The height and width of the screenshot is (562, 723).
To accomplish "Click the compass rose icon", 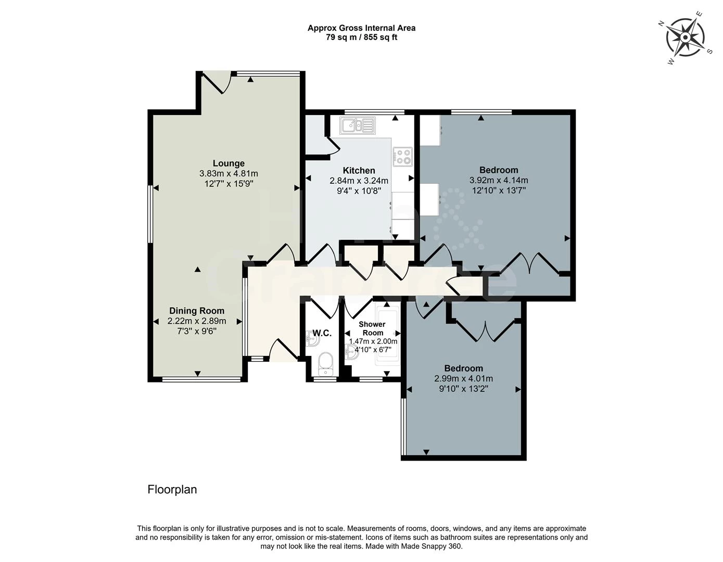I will (x=686, y=37).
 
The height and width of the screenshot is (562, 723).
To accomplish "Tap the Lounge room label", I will (x=229, y=163).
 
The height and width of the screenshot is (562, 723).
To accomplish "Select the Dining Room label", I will (x=197, y=311).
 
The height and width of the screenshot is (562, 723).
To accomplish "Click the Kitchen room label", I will (x=359, y=171).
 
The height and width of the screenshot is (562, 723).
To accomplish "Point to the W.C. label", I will (x=322, y=333).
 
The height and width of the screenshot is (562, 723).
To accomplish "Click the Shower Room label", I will (x=373, y=328).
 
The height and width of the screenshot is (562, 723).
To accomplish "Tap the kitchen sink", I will (x=357, y=125).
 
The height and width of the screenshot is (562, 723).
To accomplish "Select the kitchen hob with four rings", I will (x=403, y=157).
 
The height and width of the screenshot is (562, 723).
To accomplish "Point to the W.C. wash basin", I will (x=313, y=339).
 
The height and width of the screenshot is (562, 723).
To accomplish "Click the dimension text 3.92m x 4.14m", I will (x=498, y=181).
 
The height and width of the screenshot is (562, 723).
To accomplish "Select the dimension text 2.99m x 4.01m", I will (x=463, y=379).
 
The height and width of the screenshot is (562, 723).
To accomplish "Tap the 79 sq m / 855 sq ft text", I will (x=361, y=37).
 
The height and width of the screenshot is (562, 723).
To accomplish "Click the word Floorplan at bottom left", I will (x=172, y=490).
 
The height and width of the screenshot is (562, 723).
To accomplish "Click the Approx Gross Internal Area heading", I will (x=361, y=28).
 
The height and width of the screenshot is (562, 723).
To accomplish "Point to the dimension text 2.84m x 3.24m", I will (x=359, y=181).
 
